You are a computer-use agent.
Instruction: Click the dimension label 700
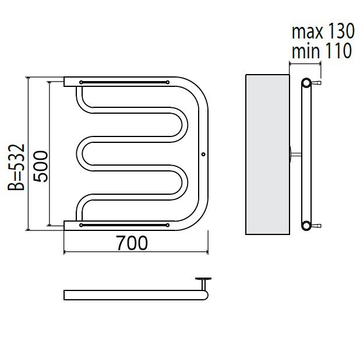[x=132, y=243]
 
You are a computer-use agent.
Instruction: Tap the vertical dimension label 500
[x=41, y=166]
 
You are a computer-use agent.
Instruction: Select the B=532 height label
[x=16, y=167]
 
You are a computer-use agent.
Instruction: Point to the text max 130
[x=323, y=31]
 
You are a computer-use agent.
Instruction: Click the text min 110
[x=322, y=50]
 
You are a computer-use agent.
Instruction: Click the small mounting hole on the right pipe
[x=203, y=154]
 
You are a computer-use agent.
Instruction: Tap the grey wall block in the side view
[x=267, y=155]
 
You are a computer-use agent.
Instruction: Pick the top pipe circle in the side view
[x=306, y=83]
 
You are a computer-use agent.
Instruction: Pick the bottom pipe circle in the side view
[x=306, y=225]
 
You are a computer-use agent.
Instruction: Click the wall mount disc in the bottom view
[x=203, y=279]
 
